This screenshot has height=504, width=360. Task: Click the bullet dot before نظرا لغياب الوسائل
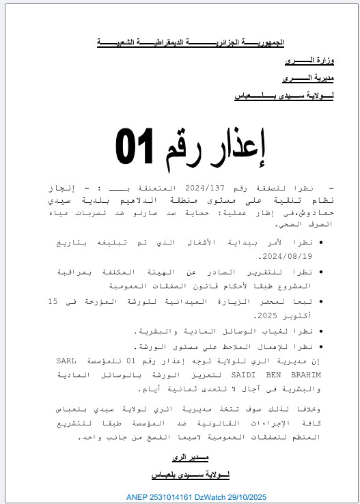321,332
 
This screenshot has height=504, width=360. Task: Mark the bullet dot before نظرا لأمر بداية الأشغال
321,242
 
